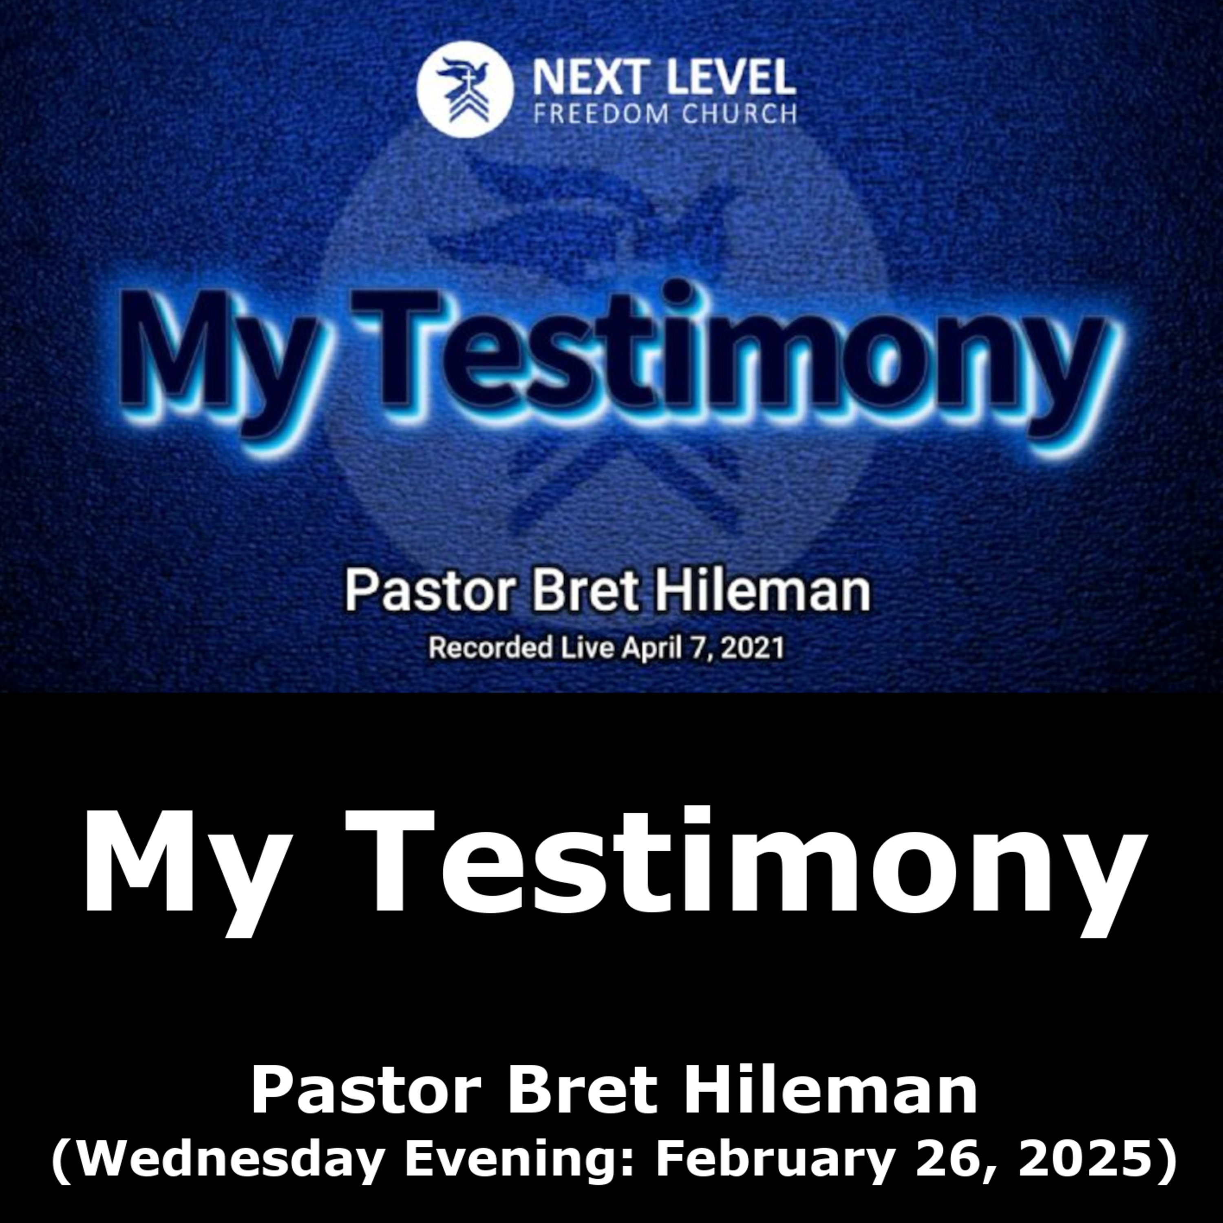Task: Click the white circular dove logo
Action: coord(465,89)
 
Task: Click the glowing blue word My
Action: coord(219,361)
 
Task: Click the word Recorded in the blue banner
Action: coord(490,648)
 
